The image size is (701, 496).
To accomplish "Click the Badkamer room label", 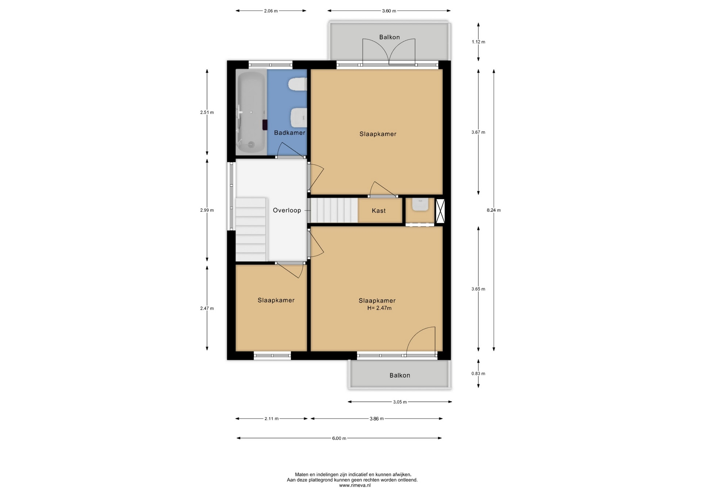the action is tap(290, 133).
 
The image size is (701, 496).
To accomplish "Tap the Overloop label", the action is tap(287, 210).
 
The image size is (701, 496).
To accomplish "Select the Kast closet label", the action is tap(379, 211).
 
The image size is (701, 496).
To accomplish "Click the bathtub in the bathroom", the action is tap(252, 112).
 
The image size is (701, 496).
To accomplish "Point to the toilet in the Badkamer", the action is tap(297, 84).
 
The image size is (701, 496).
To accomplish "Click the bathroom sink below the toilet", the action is tap(298, 117).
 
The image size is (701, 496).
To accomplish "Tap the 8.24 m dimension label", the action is tap(494, 210).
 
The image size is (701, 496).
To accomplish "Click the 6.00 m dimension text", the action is tap(339, 438).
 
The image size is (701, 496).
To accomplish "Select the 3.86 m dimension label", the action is tap(376, 419).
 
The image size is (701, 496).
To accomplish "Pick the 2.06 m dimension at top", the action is tap(271, 11).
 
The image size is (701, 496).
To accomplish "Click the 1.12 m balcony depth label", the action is tap(478, 42).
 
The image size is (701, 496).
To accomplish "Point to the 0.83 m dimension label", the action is tap(478, 374).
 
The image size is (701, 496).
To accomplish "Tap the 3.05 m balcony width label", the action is tap(400, 402).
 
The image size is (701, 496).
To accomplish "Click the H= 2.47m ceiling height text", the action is tap(379, 308).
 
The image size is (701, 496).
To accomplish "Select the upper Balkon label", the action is tap(390, 37).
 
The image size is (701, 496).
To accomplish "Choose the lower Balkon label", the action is tap(400, 375).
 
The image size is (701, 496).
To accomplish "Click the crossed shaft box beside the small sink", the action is tap(440, 211).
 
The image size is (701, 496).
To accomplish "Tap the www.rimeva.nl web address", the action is tap(355, 485).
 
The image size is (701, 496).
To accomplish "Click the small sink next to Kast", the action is tap(420, 204).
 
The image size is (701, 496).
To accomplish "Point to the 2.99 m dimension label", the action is tap(207, 210).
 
